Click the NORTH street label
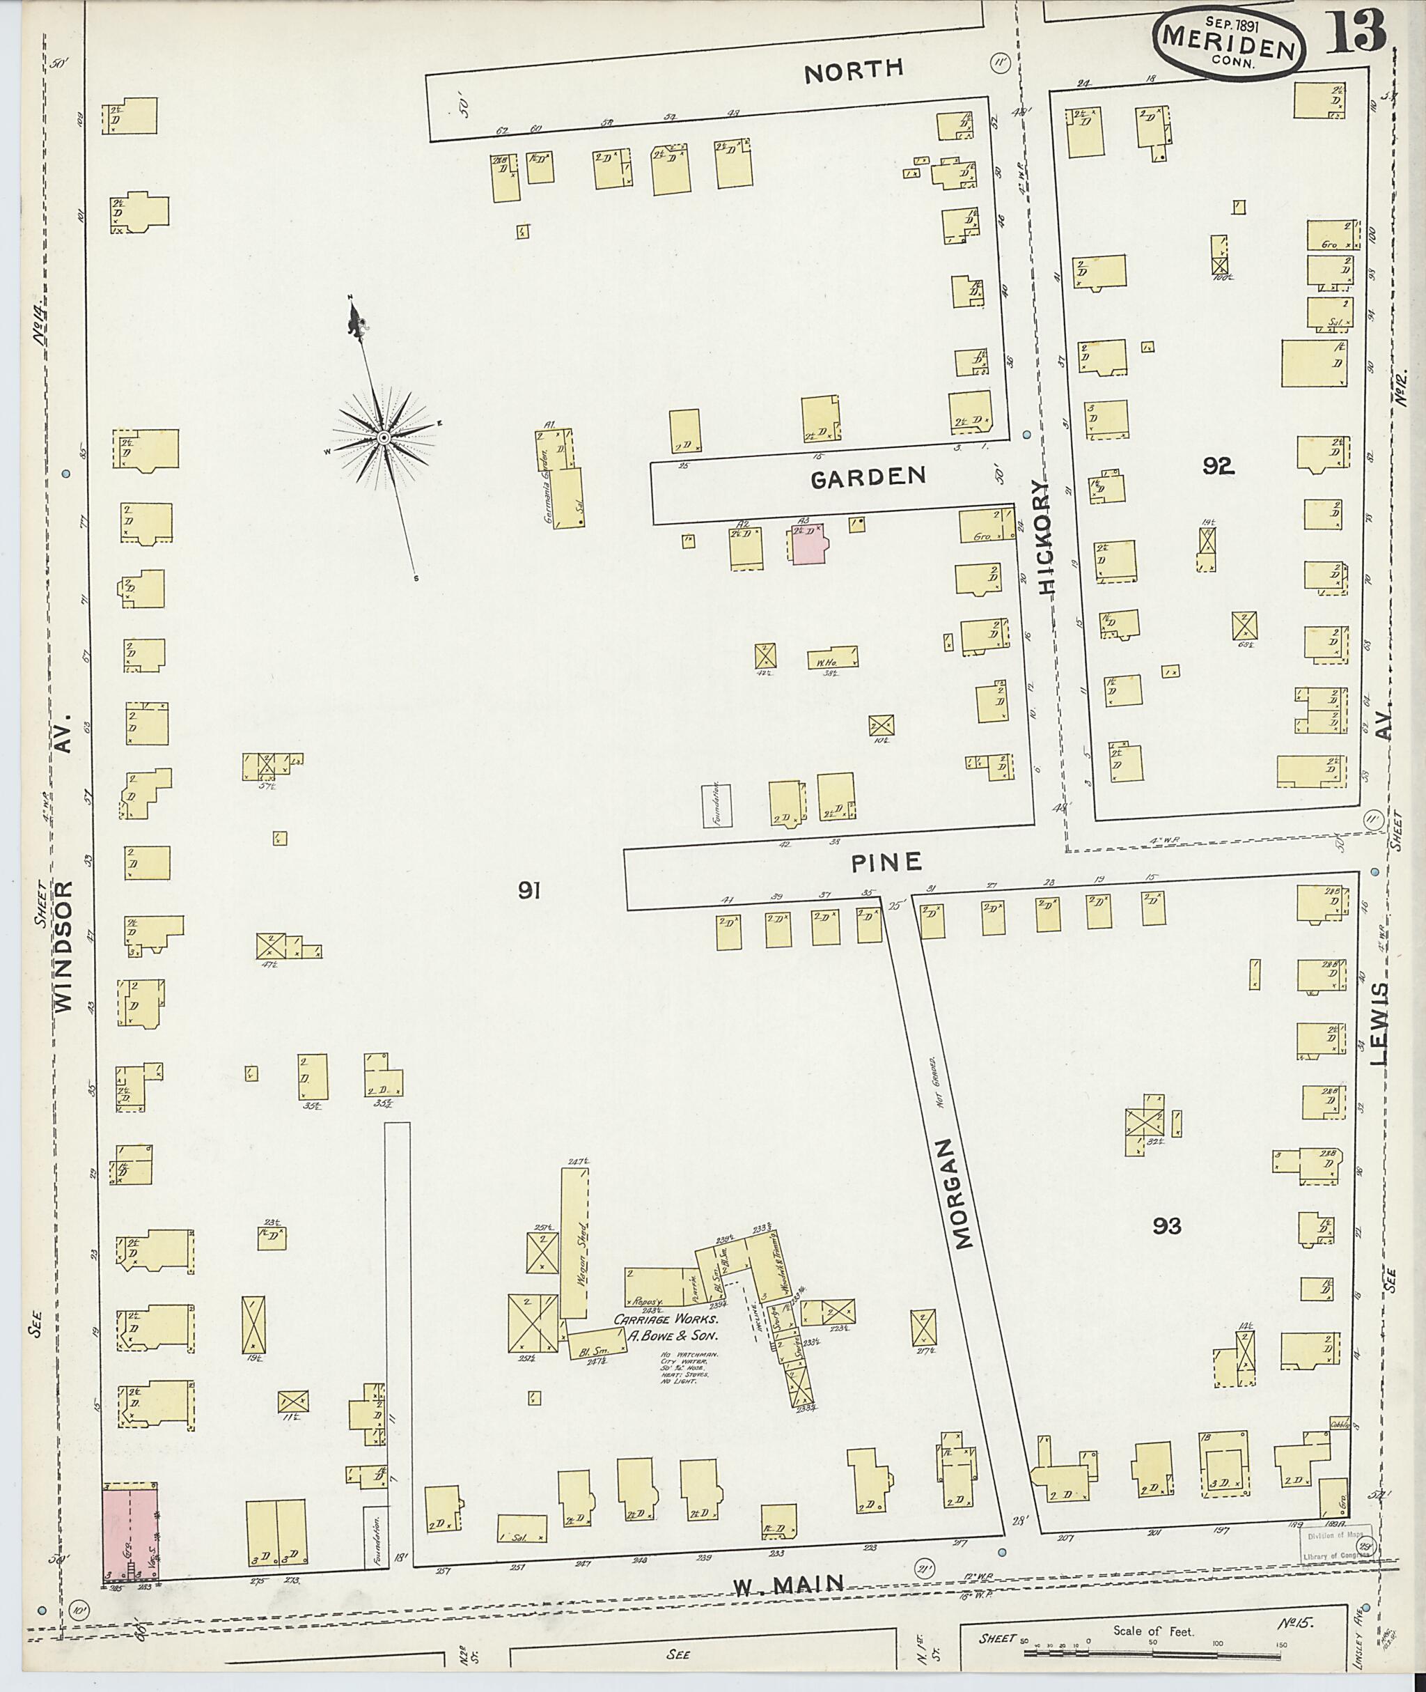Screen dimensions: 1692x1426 point(854,70)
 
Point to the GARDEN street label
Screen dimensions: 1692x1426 point(868,477)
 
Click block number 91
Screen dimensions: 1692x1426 point(528,892)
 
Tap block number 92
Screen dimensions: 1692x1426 point(1216,466)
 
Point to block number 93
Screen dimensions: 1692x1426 point(1166,1250)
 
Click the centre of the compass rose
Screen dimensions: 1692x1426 point(384,437)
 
